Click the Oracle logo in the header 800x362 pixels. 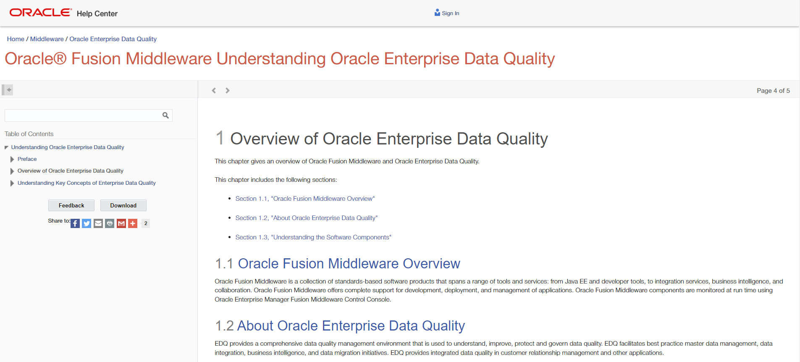40,13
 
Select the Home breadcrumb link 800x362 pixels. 16,39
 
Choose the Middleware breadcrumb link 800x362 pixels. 47,39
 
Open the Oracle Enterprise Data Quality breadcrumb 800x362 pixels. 113,39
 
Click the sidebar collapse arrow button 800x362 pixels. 8,90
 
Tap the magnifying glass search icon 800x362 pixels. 165,115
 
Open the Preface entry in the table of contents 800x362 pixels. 27,159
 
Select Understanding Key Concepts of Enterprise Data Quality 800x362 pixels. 87,183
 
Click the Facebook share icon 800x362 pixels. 75,223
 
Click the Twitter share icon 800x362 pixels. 87,223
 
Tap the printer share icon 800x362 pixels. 110,223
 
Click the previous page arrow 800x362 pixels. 214,90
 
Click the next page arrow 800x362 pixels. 228,90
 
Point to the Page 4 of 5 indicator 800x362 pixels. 773,91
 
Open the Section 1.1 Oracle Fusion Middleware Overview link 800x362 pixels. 305,199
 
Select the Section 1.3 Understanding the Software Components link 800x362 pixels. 313,237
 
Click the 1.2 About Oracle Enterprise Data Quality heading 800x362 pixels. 340,326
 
